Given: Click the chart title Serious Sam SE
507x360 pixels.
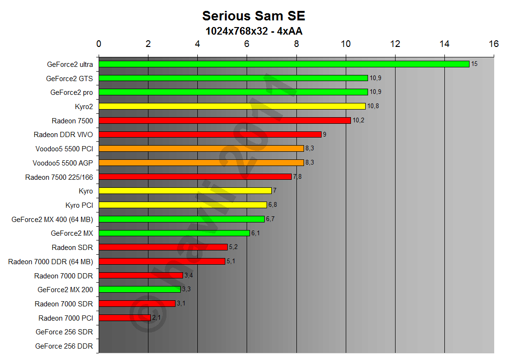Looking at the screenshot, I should coord(253,16).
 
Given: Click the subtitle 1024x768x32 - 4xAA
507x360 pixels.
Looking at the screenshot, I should coord(253,31).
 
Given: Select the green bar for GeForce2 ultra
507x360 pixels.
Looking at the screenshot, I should coord(284,64).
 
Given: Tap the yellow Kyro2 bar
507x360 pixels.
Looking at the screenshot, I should coord(232,106).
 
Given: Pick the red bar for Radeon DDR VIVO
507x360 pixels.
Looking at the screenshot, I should coord(210,134).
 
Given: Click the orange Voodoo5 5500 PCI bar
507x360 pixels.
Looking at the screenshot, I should coord(201,148).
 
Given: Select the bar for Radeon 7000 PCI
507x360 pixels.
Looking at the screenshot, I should coord(124,318).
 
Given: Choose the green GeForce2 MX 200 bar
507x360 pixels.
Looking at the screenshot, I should coord(139,289).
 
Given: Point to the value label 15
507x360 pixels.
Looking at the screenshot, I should coord(474,64).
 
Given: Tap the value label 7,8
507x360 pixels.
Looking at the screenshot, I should coord(298,177).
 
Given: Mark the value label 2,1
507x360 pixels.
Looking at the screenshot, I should coord(157,318).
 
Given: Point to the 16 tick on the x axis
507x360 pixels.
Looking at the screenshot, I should coord(494,44).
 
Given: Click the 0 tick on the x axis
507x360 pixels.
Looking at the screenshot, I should coord(99,44).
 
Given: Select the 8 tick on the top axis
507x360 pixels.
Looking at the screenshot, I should coord(296,44).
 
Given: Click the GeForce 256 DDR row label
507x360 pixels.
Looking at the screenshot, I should coord(64,346).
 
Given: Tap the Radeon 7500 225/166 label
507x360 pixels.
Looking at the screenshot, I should coord(59,177).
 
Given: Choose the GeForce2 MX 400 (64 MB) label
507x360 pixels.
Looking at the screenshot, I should coord(52,219).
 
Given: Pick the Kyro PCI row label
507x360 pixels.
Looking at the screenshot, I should coord(79,205).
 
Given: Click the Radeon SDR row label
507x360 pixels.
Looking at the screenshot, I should coord(72,247).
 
